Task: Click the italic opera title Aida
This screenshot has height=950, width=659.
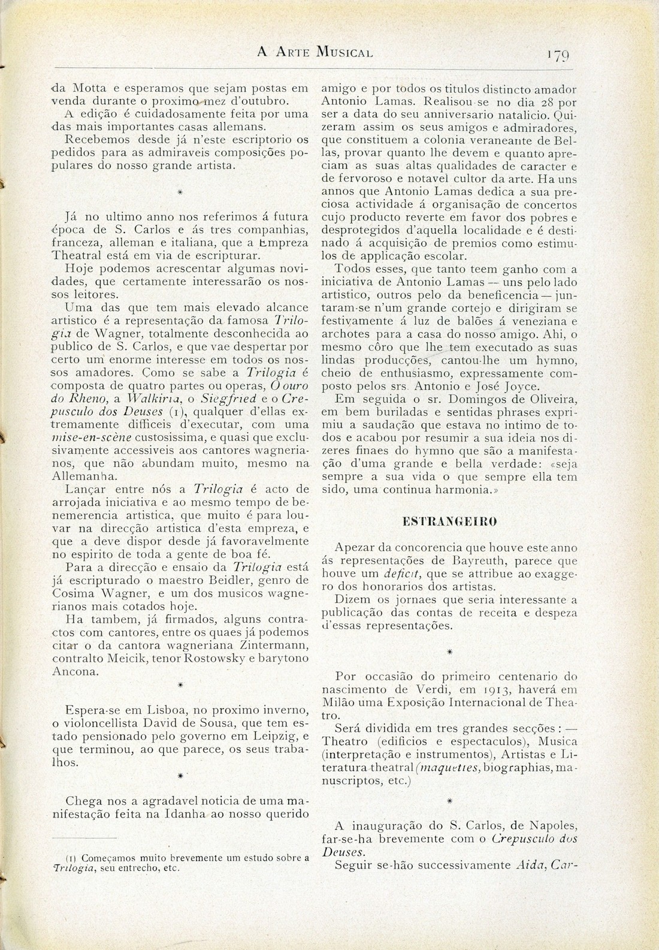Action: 528,865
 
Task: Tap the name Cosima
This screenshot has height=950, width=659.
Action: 71,593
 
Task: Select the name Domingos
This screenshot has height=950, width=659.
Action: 440,399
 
